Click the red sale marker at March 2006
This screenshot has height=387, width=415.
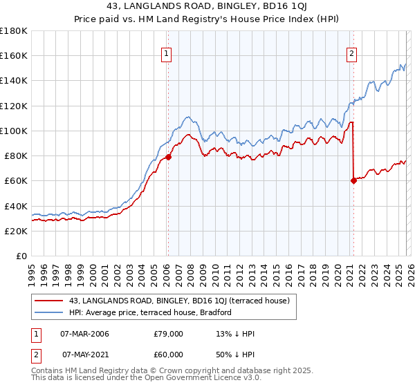point(168,157)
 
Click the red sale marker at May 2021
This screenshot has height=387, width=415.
point(353,180)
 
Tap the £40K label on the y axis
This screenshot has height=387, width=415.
point(16,206)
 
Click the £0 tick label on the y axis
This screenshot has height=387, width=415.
point(21,256)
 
